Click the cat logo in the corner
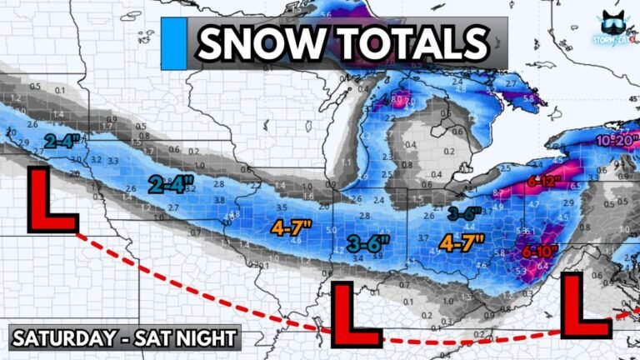click(617, 26)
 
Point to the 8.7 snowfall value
click(497, 193)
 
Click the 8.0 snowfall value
click(397, 101)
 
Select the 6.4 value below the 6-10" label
click(543, 267)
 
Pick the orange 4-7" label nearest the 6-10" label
click(463, 244)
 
